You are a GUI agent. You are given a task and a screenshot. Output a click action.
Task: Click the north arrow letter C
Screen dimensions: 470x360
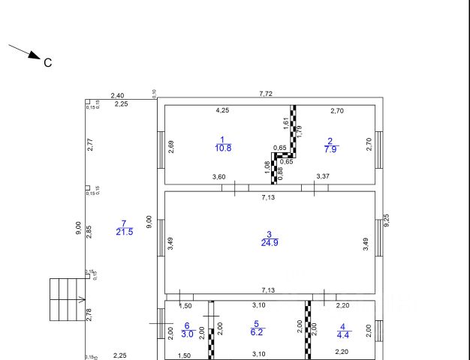coord(48,63)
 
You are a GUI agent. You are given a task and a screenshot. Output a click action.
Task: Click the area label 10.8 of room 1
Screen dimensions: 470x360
coord(222,148)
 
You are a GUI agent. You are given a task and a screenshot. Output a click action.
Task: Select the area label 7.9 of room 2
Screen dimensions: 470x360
coord(330,148)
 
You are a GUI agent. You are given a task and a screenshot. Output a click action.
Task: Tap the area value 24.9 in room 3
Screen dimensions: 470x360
coord(270,243)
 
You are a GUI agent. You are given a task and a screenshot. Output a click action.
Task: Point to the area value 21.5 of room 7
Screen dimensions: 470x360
coord(125,232)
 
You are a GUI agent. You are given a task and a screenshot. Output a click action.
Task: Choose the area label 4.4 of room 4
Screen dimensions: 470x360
coord(342,334)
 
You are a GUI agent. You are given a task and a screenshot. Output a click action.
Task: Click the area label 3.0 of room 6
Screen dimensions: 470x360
coord(188,334)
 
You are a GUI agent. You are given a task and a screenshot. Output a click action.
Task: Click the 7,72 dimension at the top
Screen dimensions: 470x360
coord(266,94)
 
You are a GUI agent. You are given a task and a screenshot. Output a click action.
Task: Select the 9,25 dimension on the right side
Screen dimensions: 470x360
coord(386,220)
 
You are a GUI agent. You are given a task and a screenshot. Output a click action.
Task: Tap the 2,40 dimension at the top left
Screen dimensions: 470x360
coord(117,95)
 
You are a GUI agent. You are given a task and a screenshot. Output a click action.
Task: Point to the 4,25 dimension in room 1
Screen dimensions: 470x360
coord(222,111)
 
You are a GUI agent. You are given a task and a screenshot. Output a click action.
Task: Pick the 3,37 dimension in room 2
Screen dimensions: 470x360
coord(322,177)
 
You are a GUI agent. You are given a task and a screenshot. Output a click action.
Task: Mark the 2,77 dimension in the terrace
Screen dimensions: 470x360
coord(89,145)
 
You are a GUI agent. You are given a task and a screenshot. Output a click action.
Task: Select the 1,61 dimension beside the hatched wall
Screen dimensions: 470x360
coord(286,122)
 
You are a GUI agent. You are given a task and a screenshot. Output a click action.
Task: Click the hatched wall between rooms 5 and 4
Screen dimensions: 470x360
coord(308,330)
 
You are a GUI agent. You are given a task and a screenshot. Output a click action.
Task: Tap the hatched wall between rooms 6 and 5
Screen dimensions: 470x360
coord(211,330)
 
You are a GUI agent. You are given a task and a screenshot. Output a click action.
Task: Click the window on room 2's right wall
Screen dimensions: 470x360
coord(379,144)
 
